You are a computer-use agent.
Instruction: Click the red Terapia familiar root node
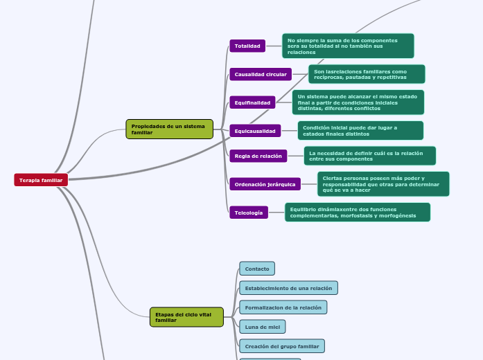(41, 180)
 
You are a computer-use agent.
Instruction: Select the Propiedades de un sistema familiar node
(169, 129)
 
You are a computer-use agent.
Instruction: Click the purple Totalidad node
(247, 46)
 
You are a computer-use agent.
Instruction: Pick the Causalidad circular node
(261, 74)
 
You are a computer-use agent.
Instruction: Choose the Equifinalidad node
(252, 102)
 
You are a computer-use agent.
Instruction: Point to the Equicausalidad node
(255, 131)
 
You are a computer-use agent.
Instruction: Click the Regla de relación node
(258, 156)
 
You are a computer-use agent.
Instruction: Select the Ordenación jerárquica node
(265, 184)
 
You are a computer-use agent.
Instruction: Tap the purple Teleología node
(249, 213)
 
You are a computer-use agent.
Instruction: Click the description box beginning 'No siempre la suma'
(348, 46)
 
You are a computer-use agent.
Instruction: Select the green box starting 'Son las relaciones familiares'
(367, 74)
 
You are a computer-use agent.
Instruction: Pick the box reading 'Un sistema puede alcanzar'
(358, 102)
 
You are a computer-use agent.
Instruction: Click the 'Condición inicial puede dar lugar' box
(360, 130)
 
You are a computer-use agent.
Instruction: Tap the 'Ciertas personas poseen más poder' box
(383, 184)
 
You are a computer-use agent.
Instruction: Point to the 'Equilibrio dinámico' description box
(357, 212)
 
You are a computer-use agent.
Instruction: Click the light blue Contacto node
(257, 268)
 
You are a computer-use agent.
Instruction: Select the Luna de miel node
(262, 326)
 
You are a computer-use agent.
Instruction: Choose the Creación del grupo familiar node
(281, 345)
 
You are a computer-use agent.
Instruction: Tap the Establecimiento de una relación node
(288, 288)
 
